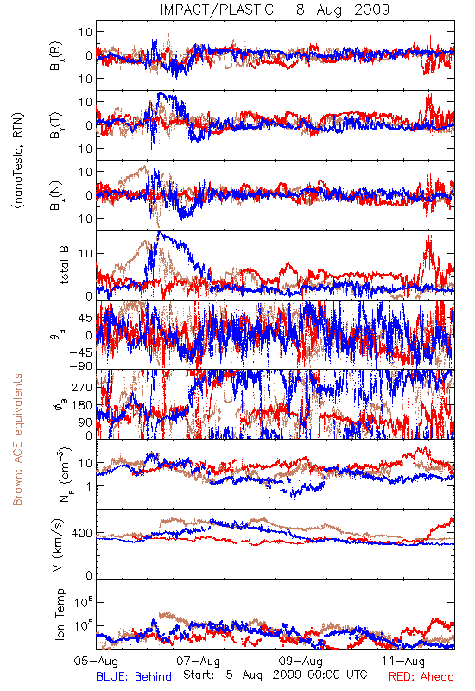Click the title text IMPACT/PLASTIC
217,10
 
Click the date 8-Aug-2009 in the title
343,10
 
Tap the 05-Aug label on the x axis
97,661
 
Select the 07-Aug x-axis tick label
199,661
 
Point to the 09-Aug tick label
301,661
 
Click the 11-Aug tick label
403,661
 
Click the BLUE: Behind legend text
134,676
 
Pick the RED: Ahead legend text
421,676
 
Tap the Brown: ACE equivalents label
17,440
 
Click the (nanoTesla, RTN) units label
18,161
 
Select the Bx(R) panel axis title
56,56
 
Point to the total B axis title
63,265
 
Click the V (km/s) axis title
58,545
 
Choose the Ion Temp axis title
60,614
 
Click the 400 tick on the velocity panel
82,534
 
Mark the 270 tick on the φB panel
82,387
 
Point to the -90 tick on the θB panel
81,366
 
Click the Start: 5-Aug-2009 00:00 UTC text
275,675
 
